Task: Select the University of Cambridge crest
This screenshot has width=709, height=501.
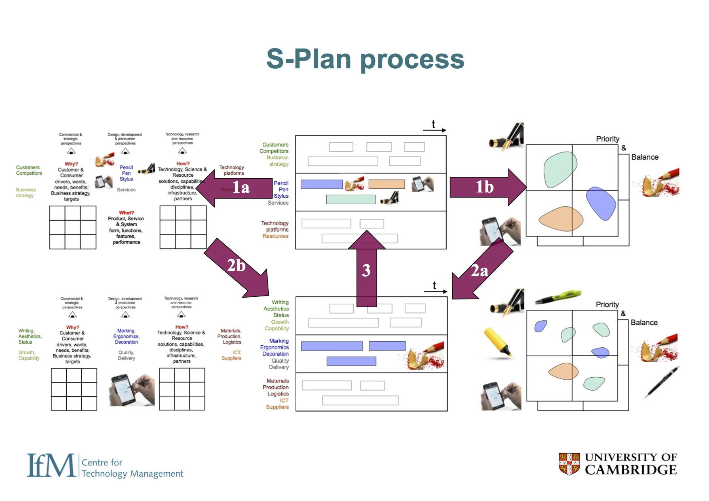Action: (x=569, y=464)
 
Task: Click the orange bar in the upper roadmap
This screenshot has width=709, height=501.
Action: (x=386, y=184)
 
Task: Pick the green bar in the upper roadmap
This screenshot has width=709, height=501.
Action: (x=350, y=199)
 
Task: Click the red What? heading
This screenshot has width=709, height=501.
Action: (x=126, y=213)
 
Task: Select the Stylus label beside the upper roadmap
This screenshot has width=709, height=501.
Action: (x=281, y=196)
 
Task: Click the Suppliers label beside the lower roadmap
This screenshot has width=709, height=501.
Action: (x=277, y=407)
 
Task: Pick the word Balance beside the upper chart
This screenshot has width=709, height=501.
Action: (x=645, y=157)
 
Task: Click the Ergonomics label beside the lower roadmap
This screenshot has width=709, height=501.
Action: (x=274, y=347)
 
